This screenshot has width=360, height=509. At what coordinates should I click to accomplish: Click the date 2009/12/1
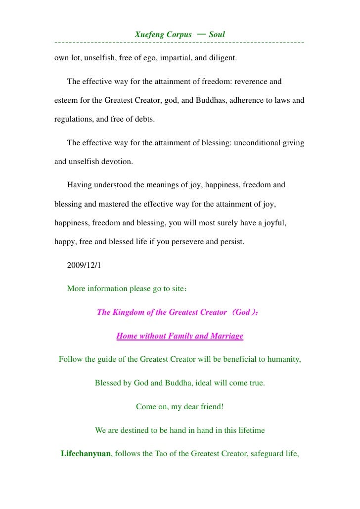pos(84,265)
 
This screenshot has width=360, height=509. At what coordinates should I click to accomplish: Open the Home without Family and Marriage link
pos(180,337)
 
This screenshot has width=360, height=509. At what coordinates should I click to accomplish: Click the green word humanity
pos(282,359)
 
